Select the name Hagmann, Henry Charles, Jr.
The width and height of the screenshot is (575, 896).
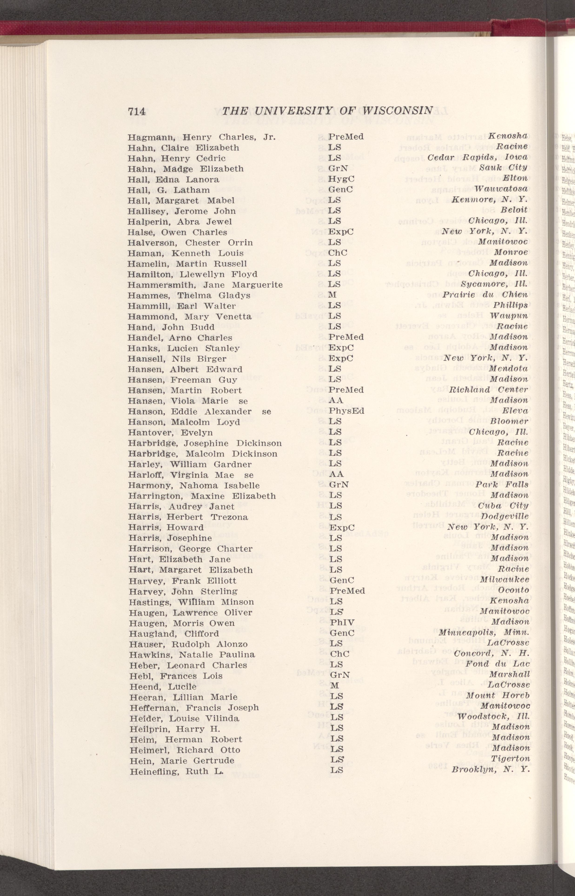[202, 137]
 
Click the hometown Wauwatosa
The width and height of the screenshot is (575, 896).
[500, 189]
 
